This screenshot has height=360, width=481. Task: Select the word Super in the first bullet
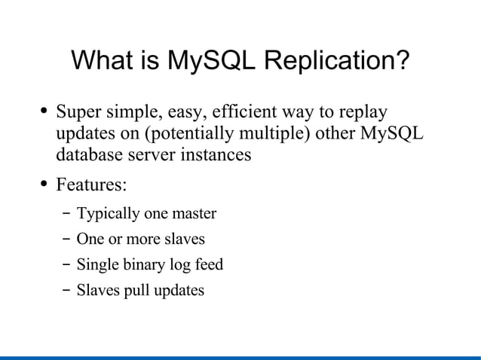[78, 114]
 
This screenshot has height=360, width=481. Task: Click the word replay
[362, 114]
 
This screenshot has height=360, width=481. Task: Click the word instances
[216, 156]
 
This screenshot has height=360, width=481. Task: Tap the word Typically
[108, 214]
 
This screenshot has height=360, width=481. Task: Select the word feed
[210, 264]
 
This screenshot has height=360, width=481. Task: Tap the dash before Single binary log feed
[66, 265]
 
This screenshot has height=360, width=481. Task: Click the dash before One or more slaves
[66, 239]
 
